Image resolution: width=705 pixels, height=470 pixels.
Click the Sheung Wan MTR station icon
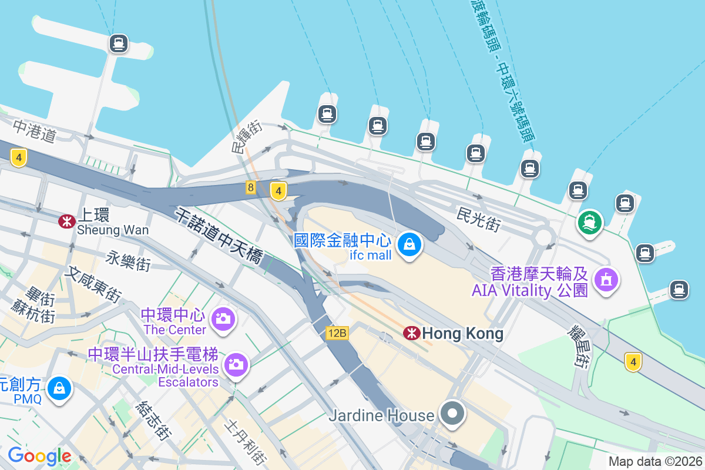click(66, 221)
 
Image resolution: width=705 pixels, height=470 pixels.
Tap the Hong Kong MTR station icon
click(411, 333)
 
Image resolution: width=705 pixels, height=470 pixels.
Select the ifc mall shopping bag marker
click(409, 244)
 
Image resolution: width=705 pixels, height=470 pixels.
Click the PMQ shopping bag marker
click(59, 388)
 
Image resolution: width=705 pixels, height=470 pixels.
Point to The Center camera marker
click(223, 318)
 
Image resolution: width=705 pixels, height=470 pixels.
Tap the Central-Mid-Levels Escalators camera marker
click(236, 364)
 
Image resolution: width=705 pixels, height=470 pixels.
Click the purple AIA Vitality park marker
click(606, 278)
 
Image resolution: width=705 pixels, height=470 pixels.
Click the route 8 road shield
click(251, 188)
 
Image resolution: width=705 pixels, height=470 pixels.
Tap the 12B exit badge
click(338, 334)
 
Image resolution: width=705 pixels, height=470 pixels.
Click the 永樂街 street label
click(129, 260)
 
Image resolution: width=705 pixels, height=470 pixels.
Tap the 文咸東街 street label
click(94, 284)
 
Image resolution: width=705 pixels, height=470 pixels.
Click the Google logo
click(39, 456)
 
